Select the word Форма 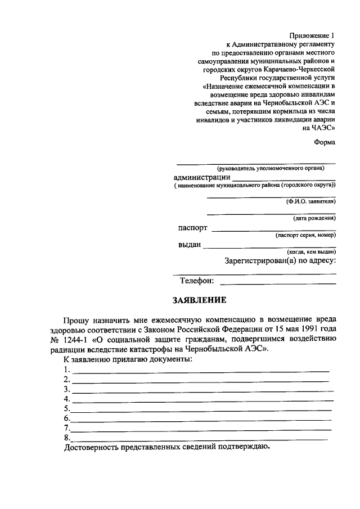[325, 142]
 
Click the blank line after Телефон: [278, 282]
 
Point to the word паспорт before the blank [192, 228]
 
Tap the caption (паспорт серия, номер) [305, 236]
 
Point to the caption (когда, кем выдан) [311, 253]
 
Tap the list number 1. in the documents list [67, 370]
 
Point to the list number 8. [67, 438]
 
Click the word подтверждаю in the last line [237, 448]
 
